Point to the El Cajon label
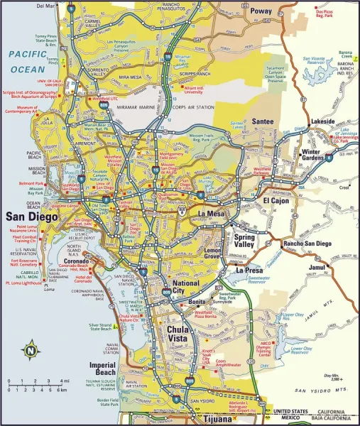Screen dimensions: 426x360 click(277, 201)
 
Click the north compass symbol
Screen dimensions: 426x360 click(31, 349)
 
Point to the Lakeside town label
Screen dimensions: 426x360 click(322, 121)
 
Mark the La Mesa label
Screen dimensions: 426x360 click(211, 214)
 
